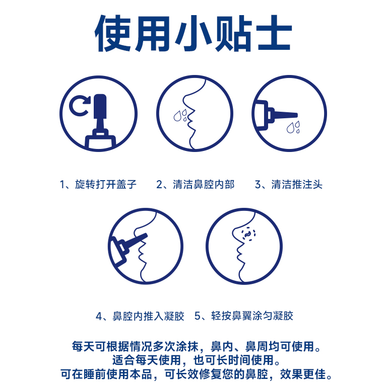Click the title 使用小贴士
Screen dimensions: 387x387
(193, 33)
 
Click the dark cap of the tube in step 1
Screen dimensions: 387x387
(100, 106)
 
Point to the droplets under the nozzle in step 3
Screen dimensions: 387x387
(294, 127)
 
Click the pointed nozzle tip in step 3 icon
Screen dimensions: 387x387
(297, 115)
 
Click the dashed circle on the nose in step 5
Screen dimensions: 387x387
(248, 234)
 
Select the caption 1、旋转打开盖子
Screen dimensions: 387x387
(98, 184)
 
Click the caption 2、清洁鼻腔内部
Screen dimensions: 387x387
(195, 184)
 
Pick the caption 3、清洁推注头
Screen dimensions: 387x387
(289, 184)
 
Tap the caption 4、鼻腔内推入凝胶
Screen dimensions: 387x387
(140, 316)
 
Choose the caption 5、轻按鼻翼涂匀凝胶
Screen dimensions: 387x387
(244, 316)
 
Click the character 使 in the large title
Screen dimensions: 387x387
(113, 33)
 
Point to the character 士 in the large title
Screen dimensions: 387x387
(274, 33)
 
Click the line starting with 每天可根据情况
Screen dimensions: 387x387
(197, 346)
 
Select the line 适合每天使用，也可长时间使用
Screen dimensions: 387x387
(196, 360)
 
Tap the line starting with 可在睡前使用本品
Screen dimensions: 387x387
(197, 374)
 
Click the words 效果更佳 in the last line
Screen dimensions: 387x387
(303, 374)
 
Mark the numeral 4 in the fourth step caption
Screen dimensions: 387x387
(99, 316)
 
